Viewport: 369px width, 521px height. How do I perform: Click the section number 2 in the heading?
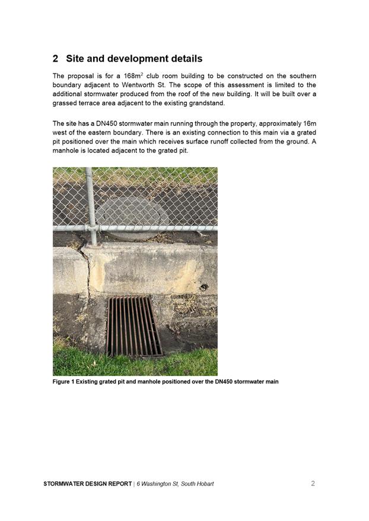coord(55,59)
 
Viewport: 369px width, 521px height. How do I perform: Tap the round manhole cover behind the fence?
coord(132,217)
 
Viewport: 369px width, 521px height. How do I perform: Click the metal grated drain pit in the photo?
coord(134,326)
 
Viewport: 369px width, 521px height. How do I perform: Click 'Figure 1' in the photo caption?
coord(63,381)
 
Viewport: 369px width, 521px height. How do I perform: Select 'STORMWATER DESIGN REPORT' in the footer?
coord(88,484)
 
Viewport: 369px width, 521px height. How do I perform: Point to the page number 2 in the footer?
coord(313,483)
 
